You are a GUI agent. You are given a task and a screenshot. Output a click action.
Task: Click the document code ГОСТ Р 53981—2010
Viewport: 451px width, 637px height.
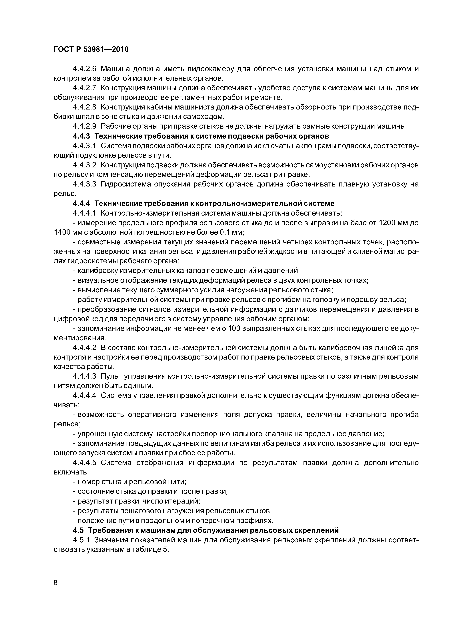tap(91, 49)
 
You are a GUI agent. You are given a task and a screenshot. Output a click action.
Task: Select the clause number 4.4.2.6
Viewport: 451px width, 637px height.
tap(85, 69)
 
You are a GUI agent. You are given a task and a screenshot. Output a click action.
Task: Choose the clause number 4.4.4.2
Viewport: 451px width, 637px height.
tap(85, 348)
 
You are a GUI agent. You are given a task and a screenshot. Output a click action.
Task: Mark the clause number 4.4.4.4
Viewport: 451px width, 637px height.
tap(85, 395)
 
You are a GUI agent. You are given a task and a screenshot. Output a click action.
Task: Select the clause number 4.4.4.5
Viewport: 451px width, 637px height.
tap(85, 462)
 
